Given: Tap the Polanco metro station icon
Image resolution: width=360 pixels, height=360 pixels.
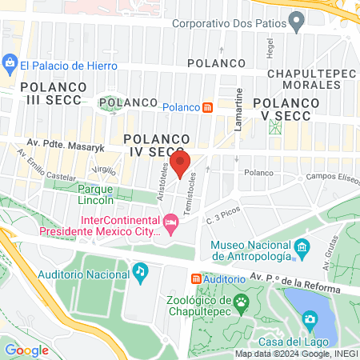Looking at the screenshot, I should (207, 108).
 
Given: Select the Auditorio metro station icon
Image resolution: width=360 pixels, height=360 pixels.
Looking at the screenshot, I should (196, 278).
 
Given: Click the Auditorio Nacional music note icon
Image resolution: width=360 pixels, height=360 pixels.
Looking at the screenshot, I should (140, 270).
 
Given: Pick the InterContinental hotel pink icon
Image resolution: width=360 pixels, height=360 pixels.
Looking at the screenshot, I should (170, 221).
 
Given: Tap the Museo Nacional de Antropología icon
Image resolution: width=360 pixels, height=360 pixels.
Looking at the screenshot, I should (302, 246).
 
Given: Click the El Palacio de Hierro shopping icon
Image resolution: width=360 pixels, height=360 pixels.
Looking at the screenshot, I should (10, 62).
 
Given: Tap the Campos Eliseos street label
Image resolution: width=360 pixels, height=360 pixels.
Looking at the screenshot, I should (330, 175).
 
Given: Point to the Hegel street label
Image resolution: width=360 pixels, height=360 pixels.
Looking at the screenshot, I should (270, 50).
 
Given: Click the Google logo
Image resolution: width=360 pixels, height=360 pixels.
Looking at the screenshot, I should (27, 350).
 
